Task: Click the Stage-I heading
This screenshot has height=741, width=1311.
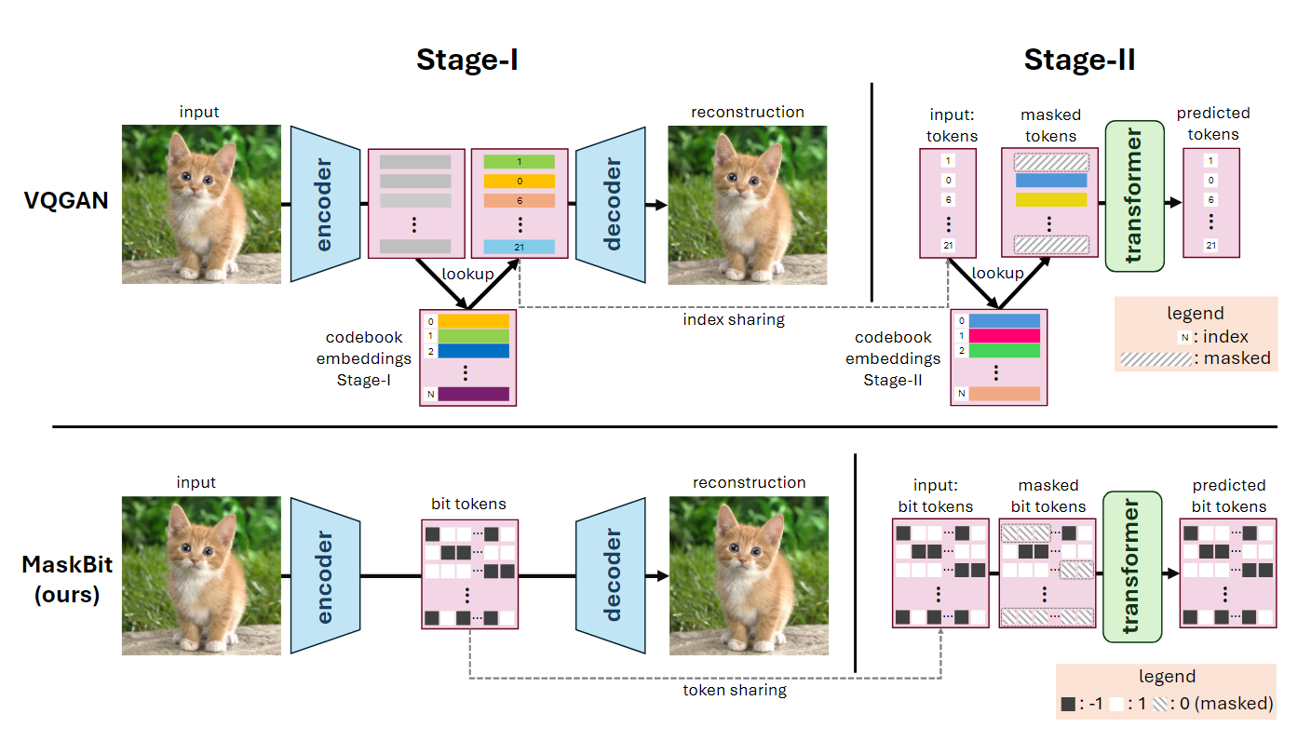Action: pyautogui.click(x=466, y=60)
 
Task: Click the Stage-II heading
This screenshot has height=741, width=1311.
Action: pyautogui.click(x=1079, y=60)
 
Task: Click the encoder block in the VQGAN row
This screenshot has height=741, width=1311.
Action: pyautogui.click(x=324, y=204)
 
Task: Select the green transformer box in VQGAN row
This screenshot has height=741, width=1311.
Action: pyautogui.click(x=1134, y=195)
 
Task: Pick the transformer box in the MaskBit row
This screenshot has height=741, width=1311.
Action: pyautogui.click(x=1132, y=566)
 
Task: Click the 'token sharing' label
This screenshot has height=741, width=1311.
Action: pyautogui.click(x=735, y=690)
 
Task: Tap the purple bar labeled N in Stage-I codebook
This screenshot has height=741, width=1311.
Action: pyautogui.click(x=473, y=394)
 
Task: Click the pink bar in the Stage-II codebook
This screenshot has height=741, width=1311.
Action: pyautogui.click(x=1005, y=336)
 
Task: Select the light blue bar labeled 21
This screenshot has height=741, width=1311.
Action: pyautogui.click(x=519, y=247)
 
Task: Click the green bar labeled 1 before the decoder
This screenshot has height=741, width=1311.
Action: pyautogui.click(x=519, y=162)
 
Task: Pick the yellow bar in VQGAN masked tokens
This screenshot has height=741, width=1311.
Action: pyautogui.click(x=1051, y=199)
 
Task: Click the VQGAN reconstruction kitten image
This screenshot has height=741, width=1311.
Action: pyautogui.click(x=748, y=204)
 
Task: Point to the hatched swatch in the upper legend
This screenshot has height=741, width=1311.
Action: pyautogui.click(x=1156, y=358)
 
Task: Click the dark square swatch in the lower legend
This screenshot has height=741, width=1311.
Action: pyautogui.click(x=1068, y=705)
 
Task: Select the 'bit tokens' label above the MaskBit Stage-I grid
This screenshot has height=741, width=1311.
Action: pyautogui.click(x=467, y=504)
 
